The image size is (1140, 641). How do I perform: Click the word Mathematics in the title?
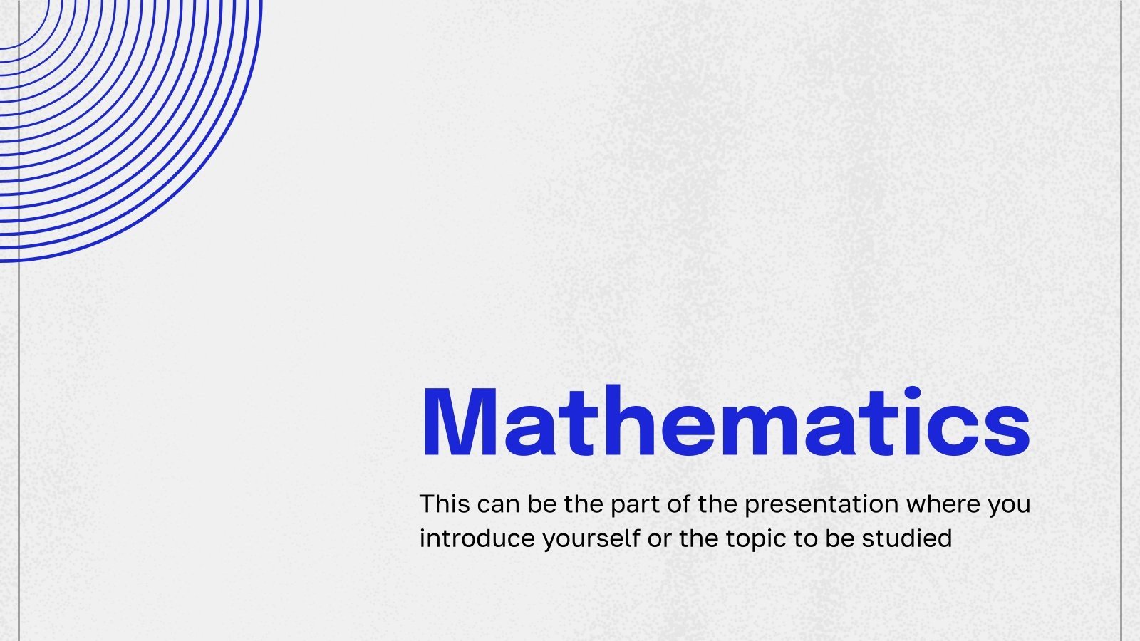click(x=725, y=422)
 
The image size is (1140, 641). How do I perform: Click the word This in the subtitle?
click(x=445, y=504)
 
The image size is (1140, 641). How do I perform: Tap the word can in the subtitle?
click(x=499, y=504)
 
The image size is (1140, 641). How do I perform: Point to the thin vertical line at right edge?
click(x=1121, y=320)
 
